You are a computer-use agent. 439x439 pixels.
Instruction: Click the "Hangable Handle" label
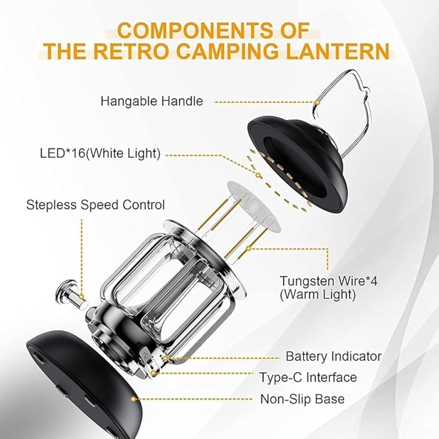pos(152,101)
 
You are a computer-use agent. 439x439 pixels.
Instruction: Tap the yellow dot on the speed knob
pos(81,297)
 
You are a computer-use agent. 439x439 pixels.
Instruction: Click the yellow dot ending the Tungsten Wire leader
pos(248,248)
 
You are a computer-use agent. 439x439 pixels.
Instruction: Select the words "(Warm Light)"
pos(317,295)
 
